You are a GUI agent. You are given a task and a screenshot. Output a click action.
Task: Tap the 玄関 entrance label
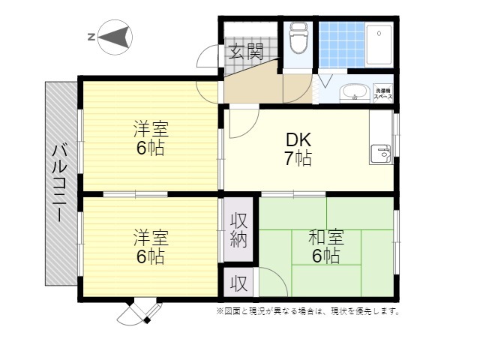[x=246, y=52]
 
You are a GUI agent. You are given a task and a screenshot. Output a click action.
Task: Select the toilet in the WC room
[x=298, y=38]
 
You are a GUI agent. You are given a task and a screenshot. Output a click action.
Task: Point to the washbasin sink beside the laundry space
[x=354, y=93]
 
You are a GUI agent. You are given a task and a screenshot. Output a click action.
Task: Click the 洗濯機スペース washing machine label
[x=384, y=93]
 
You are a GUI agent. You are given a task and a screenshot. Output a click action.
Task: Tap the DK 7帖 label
[x=298, y=149]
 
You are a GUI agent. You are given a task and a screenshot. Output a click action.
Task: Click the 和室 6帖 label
[x=326, y=247]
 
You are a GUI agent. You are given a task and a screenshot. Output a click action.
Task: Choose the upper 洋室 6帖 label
[x=150, y=138]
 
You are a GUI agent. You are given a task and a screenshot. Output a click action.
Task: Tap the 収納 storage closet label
[x=239, y=230]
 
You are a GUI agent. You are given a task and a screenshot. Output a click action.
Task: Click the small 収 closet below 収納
[x=238, y=284]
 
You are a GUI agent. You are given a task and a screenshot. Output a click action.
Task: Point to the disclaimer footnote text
[x=308, y=310]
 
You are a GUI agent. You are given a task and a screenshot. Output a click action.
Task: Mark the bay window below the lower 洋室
[x=140, y=310]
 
